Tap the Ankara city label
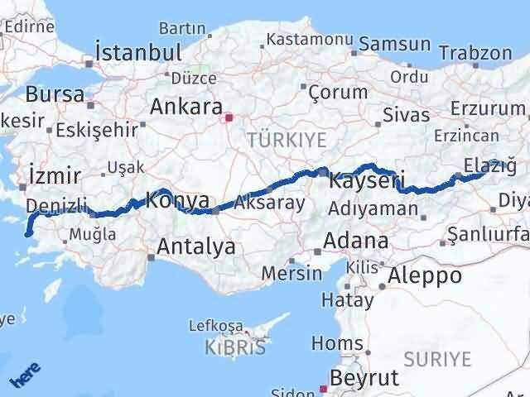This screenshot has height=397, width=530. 185,108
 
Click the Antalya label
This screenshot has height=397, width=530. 195,246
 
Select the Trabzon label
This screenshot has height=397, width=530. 476,52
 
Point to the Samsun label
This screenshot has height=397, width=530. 390,45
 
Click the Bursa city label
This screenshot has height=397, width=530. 55,94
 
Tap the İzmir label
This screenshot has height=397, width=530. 54,175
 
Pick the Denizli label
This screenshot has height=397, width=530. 56,204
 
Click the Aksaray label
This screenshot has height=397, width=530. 270,203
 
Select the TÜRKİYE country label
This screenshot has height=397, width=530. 277,141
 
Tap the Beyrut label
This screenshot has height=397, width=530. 364,378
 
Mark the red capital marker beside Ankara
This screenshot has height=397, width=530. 229,117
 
